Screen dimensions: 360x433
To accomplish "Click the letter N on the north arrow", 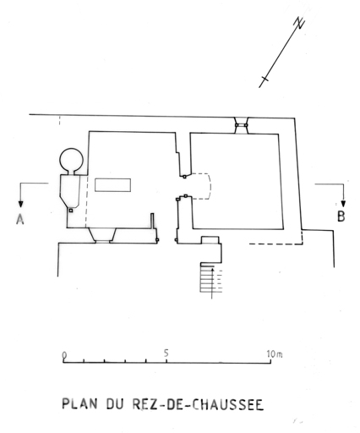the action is click(300, 23).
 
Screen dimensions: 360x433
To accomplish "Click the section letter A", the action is click(20, 219).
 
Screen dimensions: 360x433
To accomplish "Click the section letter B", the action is click(341, 216).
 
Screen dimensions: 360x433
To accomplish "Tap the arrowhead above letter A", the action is click(20, 204).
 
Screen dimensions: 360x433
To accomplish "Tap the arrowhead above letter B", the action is click(343, 204).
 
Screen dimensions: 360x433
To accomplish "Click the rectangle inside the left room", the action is click(112, 185).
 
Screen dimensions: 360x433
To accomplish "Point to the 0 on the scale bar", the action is click(64, 355).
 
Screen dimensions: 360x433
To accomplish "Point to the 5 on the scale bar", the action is click(166, 353).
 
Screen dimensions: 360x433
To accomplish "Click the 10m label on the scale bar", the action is click(275, 354).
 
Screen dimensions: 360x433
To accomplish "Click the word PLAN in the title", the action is click(79, 403).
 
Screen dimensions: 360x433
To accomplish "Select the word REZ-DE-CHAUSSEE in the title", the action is click(198, 404).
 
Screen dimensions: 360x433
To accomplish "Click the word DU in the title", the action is click(115, 403).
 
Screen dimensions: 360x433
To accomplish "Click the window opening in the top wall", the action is click(242, 125).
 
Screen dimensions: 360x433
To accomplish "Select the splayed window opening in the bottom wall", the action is click(102, 235).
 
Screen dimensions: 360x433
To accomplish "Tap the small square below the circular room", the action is click(71, 211).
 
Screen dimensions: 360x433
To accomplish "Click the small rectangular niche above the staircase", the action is click(210, 239).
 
